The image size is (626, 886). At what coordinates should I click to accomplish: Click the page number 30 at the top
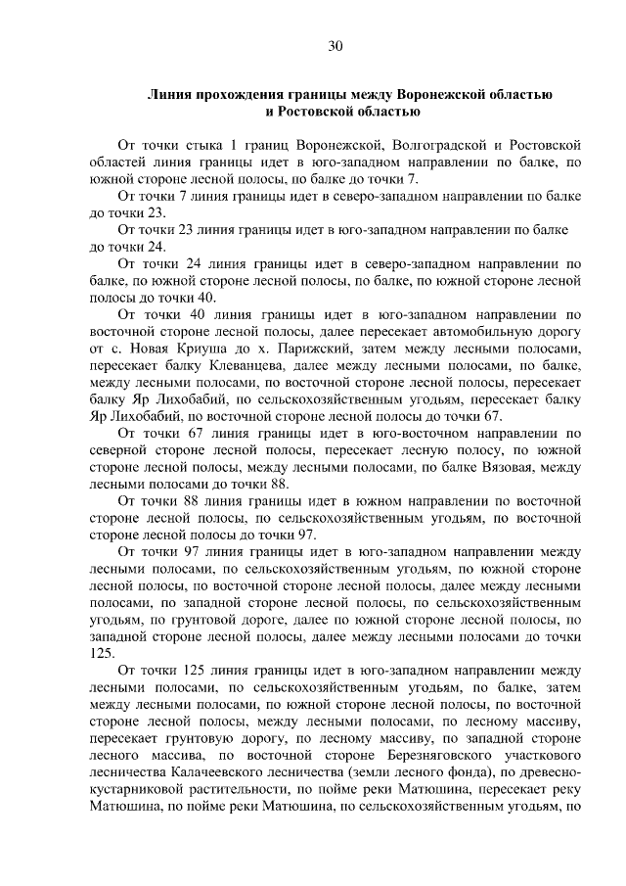coord(335,46)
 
